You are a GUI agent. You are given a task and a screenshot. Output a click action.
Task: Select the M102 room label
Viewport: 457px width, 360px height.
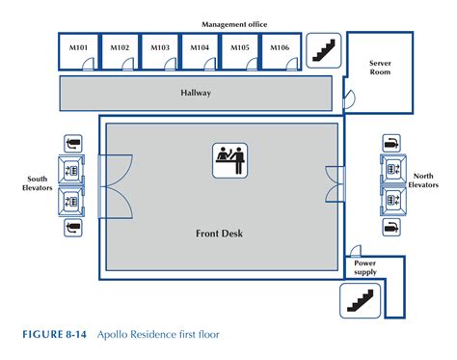[x=120, y=48]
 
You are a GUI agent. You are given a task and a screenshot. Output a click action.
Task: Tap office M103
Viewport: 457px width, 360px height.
[x=160, y=48]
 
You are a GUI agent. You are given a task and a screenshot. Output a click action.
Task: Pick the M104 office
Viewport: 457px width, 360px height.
[x=200, y=48]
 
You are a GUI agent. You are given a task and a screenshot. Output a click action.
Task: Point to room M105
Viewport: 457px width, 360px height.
[x=239, y=48]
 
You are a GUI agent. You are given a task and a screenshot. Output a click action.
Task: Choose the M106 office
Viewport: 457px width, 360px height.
[x=280, y=48]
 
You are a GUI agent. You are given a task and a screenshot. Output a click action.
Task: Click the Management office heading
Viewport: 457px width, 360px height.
[x=234, y=23]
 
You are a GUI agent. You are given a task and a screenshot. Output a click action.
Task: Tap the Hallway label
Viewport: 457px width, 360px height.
[x=196, y=94]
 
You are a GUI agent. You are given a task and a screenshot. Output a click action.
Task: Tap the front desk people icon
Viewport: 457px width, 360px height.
[x=228, y=159]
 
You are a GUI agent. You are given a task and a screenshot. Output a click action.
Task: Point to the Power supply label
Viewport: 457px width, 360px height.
[x=366, y=265]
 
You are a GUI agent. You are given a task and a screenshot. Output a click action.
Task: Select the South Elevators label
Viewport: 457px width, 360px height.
[x=38, y=184]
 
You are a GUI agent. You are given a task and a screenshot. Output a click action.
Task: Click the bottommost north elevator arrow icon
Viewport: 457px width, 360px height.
[x=391, y=228]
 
